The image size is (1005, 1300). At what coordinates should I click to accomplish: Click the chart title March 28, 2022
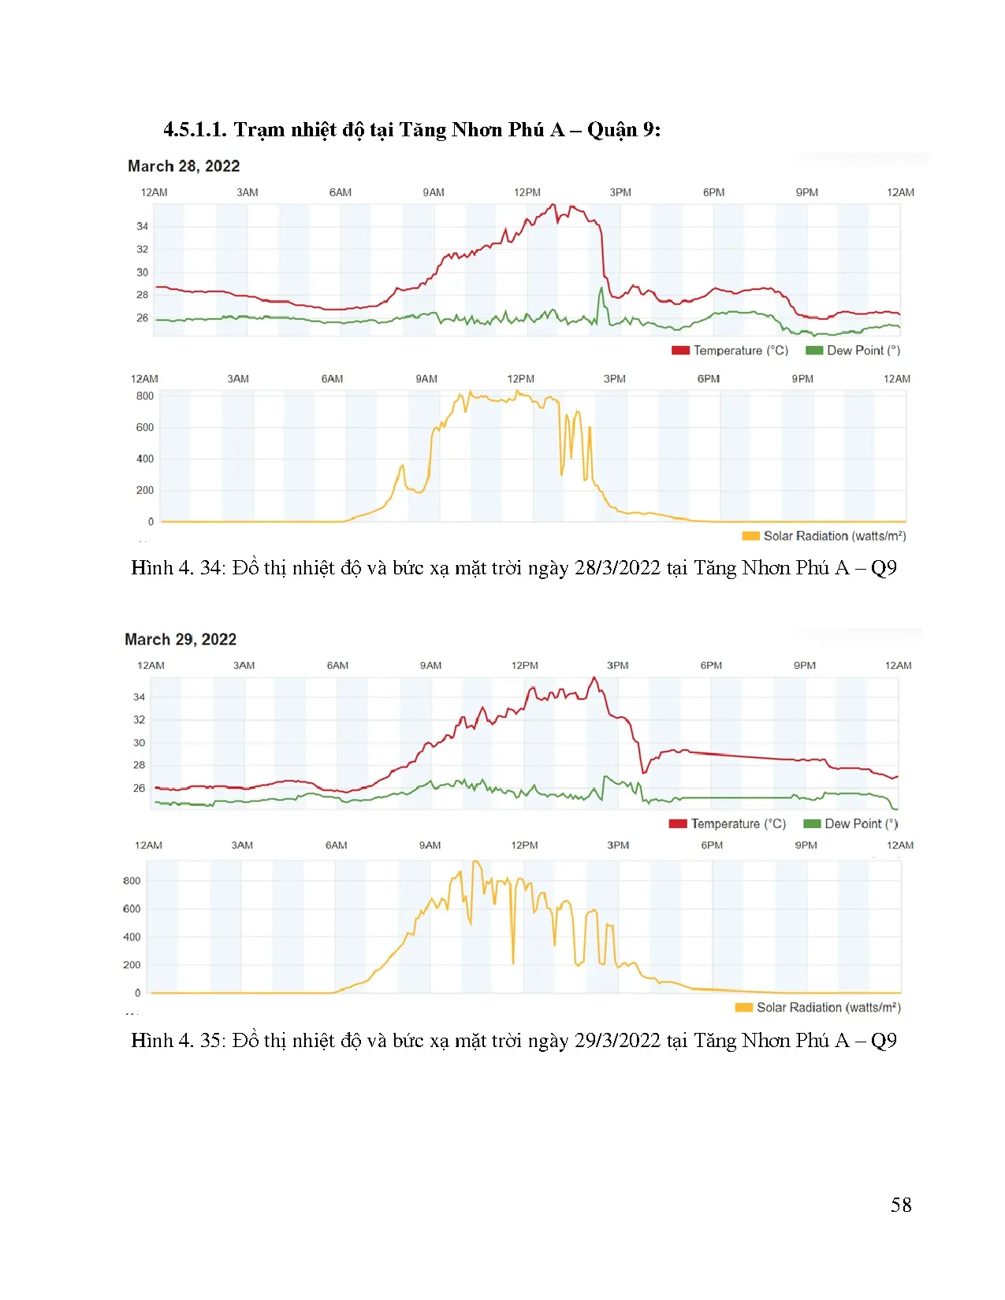pos(184,166)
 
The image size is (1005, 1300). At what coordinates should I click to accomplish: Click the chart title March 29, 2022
pos(181,640)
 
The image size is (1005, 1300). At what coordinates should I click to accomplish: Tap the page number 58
pos(901,1205)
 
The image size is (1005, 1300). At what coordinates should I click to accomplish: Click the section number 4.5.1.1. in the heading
pos(195,130)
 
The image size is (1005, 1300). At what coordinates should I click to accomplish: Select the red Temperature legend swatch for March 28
pos(680,351)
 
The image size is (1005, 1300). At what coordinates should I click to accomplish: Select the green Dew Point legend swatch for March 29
pos(811,824)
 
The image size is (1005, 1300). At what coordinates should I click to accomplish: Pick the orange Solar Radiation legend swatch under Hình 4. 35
pos(743,1008)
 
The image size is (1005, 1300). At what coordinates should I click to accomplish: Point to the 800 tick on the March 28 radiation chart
pos(145,396)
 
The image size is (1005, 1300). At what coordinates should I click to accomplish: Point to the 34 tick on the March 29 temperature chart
pos(139,697)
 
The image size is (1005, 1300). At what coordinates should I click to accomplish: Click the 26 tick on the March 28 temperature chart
pos(142,318)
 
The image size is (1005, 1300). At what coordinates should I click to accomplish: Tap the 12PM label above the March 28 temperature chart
pos(527,193)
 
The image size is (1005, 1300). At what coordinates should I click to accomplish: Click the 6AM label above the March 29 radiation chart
pos(337,845)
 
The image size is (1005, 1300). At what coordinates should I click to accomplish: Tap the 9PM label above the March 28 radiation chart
pos(802,379)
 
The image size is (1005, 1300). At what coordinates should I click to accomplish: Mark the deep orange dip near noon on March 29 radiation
pos(513,961)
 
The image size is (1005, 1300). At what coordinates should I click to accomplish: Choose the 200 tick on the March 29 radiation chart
pos(132,965)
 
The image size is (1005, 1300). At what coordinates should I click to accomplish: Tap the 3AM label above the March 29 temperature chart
pos(244,666)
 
